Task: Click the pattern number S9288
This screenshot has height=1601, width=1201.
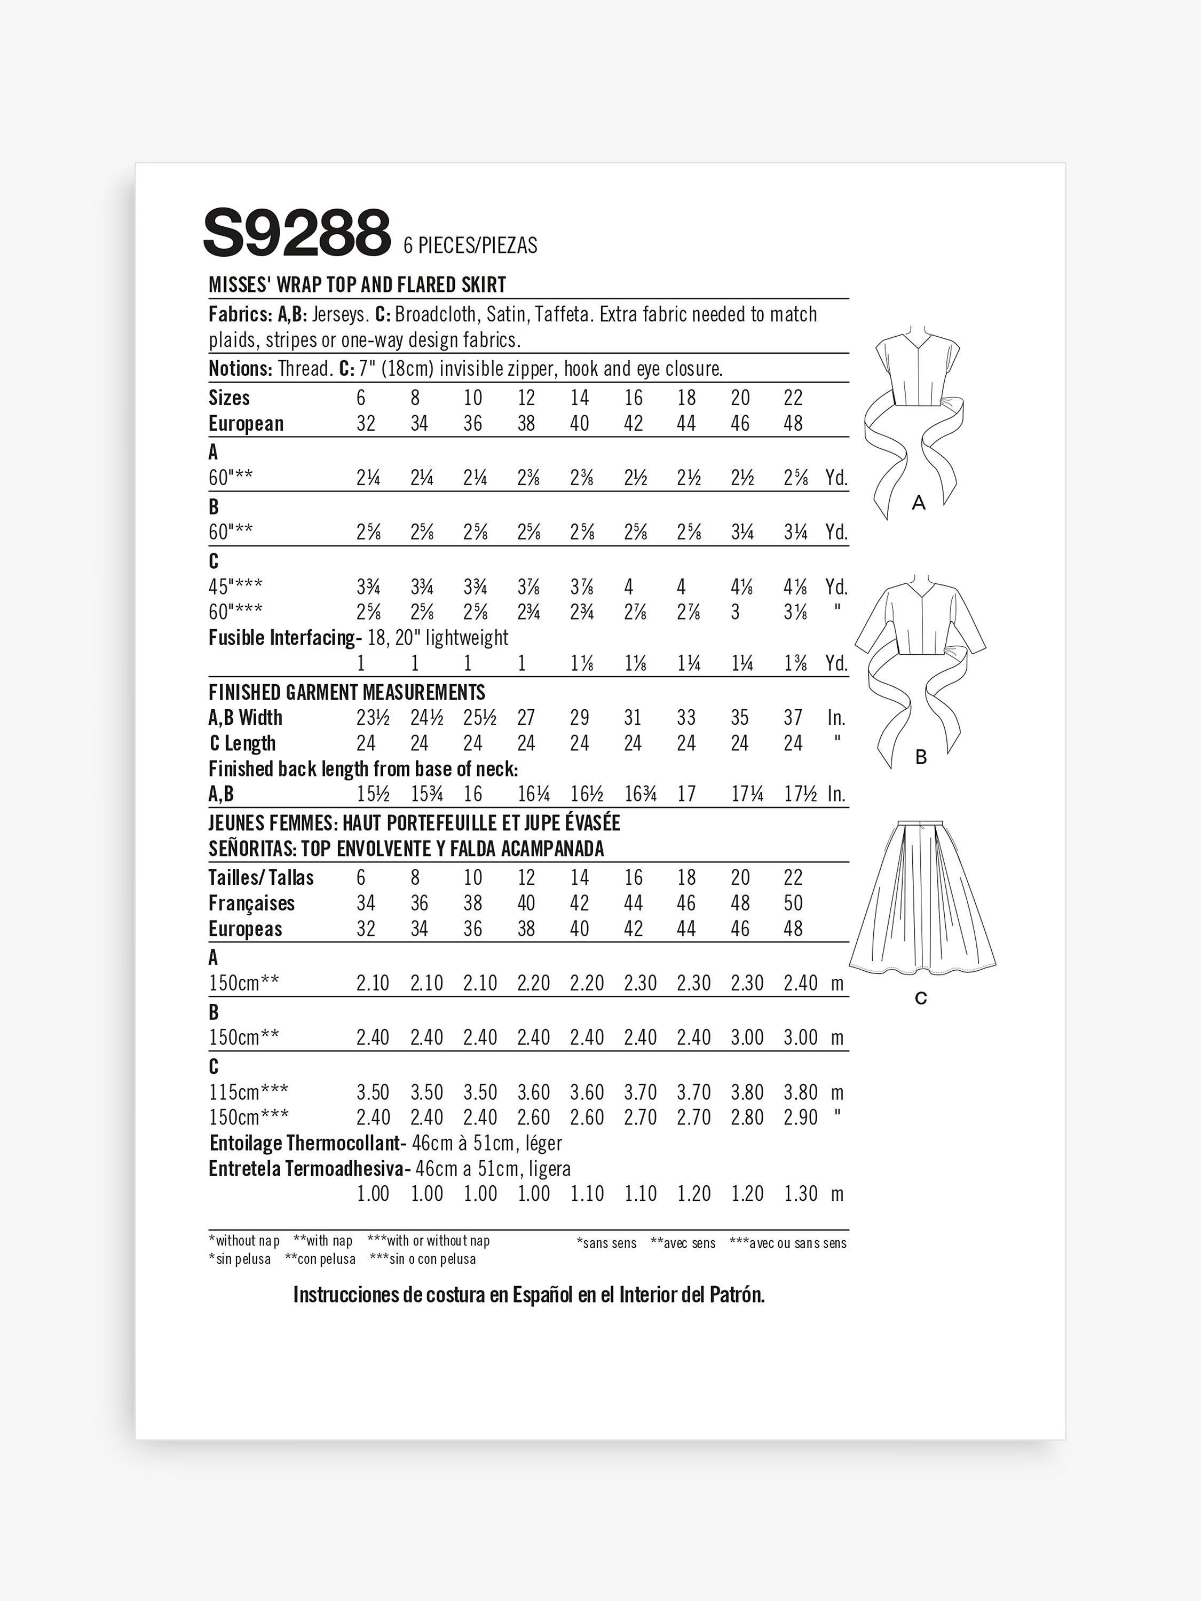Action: [297, 233]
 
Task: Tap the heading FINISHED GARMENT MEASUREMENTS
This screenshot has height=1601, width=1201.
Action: [347, 693]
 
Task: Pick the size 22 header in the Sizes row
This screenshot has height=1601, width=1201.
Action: [793, 398]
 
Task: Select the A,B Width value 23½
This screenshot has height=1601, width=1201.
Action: [373, 718]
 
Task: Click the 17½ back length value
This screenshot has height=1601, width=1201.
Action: [801, 794]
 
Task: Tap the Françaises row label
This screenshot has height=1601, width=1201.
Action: [251, 903]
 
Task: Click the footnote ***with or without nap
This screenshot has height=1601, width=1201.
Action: [429, 1241]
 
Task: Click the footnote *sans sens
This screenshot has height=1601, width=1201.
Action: [607, 1243]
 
